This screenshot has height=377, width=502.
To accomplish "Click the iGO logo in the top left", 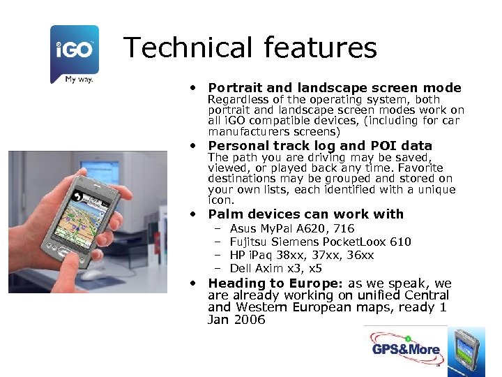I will (x=75, y=50).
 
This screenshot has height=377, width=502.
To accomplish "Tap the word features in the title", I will (x=321, y=48).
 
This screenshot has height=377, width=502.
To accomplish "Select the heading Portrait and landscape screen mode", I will (x=335, y=88).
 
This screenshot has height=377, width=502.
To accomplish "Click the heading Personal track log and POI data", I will (x=320, y=146).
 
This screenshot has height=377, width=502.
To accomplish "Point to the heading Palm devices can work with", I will (x=305, y=214).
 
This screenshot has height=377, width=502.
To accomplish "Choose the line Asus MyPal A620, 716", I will (x=291, y=228).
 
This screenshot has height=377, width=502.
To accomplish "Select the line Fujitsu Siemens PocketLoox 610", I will (x=320, y=242).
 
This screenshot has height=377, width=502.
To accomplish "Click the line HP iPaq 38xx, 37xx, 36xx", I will (x=301, y=255).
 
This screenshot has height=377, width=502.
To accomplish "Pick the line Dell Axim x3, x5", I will (x=275, y=268).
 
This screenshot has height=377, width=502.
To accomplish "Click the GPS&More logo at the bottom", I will (x=405, y=349).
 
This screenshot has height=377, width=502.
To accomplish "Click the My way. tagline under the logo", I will (x=79, y=79).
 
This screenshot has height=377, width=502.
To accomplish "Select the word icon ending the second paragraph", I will (x=222, y=200).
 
